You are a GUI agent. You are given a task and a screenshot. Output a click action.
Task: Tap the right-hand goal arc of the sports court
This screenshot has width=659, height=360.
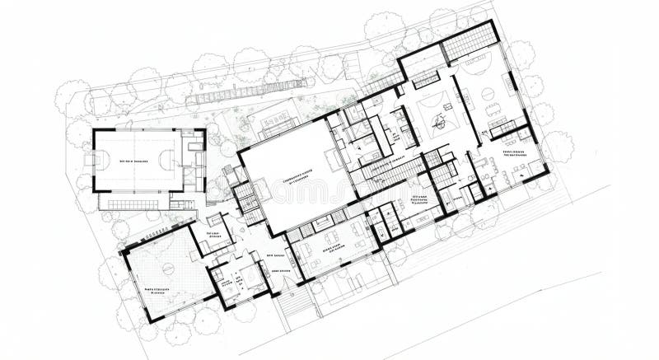(x=170, y=160)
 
